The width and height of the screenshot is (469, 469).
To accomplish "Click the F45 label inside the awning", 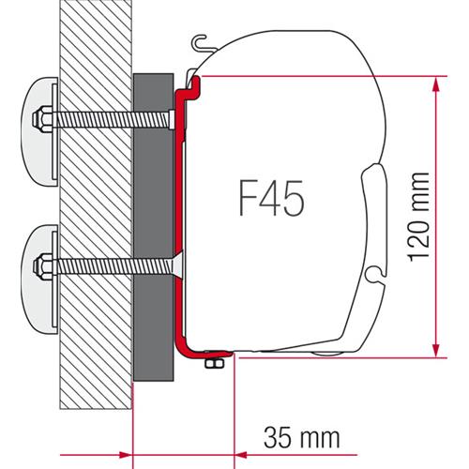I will (270, 199).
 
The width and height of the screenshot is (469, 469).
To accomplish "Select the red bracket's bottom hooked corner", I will (188, 349).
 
